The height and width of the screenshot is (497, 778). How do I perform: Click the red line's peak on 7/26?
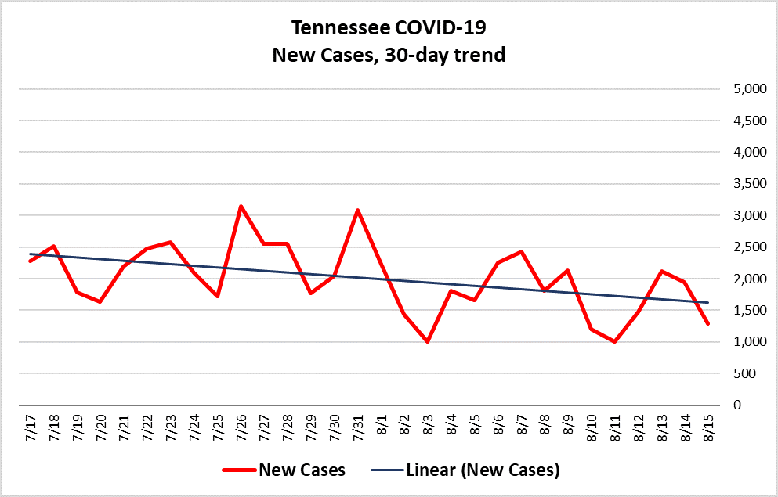241,206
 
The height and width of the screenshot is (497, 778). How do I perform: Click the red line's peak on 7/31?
358,210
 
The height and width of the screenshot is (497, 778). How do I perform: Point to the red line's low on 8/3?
427,341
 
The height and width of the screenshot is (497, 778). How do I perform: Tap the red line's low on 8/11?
615,341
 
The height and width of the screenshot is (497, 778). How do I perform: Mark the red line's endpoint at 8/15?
708,323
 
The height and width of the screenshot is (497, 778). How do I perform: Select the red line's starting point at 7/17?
31,261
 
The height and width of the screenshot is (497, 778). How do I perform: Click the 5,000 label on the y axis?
750,89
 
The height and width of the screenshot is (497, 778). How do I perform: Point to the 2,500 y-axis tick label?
750,247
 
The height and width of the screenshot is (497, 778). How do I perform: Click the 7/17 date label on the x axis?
31,427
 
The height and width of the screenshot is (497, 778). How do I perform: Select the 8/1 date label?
381,425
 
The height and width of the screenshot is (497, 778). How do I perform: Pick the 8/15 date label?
708,427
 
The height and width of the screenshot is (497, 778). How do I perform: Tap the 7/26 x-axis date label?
241,427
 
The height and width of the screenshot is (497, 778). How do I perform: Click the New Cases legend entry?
284,470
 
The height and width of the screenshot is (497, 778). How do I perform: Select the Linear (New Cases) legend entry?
465,470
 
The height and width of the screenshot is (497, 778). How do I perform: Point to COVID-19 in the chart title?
440,27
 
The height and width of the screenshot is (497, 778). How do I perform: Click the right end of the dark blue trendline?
708,302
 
